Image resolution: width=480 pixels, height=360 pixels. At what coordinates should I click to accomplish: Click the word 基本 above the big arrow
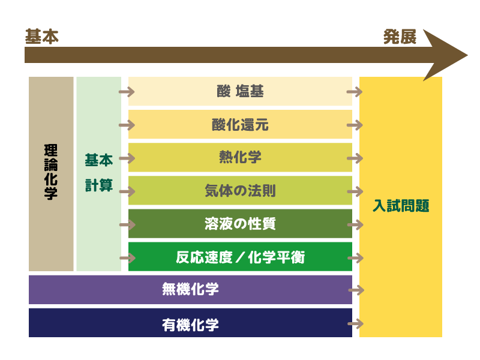coord(41,37)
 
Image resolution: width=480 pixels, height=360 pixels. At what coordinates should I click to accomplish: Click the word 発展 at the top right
coord(400,37)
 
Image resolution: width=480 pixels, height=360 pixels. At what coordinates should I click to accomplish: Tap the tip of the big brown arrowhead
coord(467,55)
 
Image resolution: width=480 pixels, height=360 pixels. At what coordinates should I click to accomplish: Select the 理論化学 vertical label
coord(51,172)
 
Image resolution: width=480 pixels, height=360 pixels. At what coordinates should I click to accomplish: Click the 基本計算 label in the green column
coord(99,173)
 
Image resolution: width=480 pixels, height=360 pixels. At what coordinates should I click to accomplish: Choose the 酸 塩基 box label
coord(240,91)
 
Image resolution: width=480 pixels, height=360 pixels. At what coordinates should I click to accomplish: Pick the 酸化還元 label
coord(240,125)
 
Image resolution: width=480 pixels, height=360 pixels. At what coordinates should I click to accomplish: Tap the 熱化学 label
coord(240,157)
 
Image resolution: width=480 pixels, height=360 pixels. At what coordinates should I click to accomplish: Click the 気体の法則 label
coord(240,190)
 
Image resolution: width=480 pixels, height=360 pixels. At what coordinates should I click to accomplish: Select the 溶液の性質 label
coord(240,223)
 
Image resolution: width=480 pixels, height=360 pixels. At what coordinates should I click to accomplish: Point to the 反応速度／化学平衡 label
coord(240,257)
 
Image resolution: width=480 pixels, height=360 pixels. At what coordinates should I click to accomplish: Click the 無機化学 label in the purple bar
coord(190,289)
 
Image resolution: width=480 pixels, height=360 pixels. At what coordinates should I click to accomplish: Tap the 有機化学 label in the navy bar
coord(190,325)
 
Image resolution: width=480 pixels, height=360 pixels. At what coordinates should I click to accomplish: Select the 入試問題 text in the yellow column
coord(401,205)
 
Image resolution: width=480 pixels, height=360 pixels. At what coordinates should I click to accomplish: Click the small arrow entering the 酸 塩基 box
coord(127,92)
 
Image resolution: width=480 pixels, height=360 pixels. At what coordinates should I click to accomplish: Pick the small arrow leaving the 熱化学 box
coord(355,158)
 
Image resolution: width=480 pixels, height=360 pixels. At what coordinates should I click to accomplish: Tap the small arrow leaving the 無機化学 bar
coord(356,290)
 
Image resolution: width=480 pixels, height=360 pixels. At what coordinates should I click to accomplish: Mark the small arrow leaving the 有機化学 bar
coord(355,323)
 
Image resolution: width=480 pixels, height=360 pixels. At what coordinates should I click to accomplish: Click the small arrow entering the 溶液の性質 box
coord(127,224)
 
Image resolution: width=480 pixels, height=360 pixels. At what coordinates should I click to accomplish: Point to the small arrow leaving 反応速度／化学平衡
coord(355,258)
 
